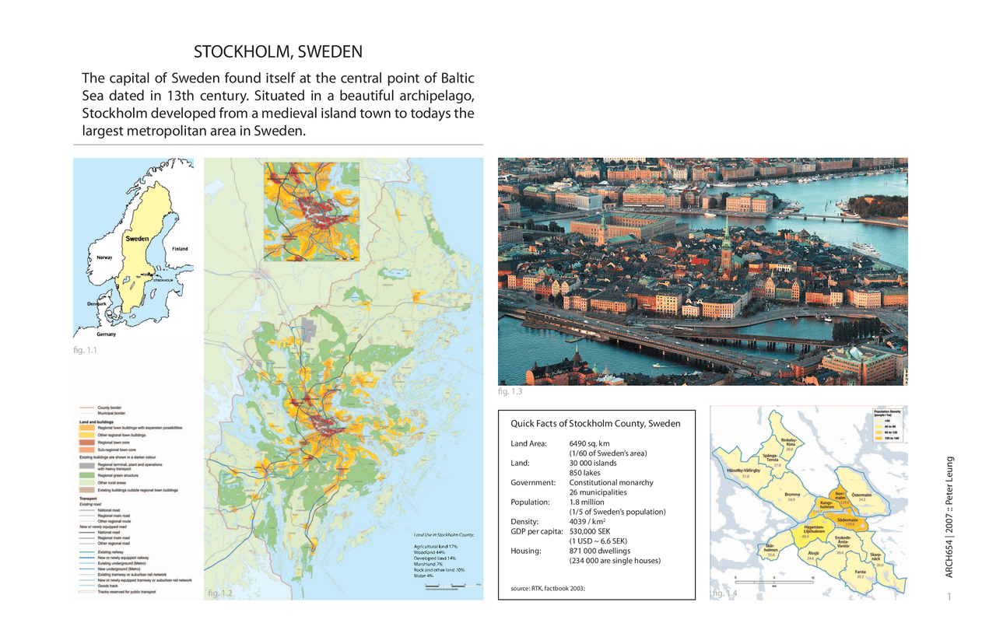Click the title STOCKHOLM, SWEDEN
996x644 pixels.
(x=278, y=53)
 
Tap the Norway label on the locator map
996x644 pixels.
(x=104, y=257)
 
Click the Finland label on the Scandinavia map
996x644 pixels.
(x=179, y=249)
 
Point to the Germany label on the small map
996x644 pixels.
(x=107, y=334)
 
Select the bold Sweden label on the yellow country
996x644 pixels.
(x=137, y=240)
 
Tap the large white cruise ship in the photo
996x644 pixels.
(x=864, y=249)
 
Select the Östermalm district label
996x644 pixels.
(x=861, y=495)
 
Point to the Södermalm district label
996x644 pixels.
(x=847, y=520)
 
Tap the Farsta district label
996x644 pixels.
(x=860, y=572)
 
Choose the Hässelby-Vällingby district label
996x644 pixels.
(x=743, y=471)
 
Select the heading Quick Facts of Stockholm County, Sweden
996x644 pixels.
(x=595, y=424)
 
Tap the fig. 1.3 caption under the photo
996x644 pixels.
(x=510, y=391)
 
